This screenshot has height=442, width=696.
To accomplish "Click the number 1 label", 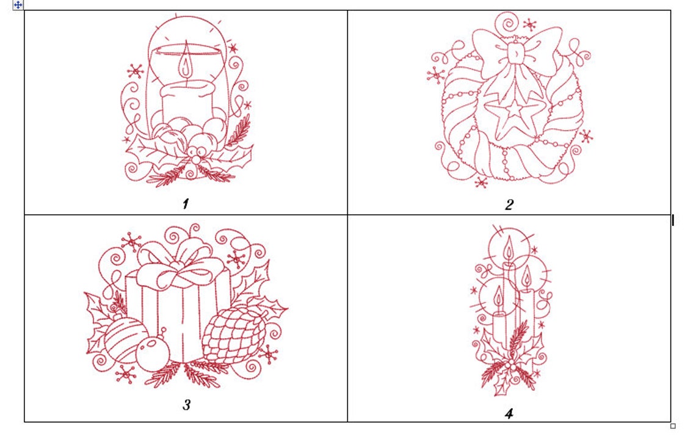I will coord(185,203).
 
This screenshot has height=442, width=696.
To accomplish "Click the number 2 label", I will coord(509,205).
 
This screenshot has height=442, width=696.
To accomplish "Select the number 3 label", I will coord(187,404).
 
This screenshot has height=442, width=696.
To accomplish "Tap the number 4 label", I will coord(509,413).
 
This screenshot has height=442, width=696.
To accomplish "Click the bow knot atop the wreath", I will coord(518,54).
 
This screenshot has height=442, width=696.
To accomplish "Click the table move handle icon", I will coord(18,4).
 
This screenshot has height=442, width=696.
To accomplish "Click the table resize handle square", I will coord(673,426).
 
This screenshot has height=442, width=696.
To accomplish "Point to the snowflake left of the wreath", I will coord(436,75).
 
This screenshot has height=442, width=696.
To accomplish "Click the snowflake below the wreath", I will coord(482,182).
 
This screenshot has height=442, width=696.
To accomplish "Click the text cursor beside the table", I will coord(673,220).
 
